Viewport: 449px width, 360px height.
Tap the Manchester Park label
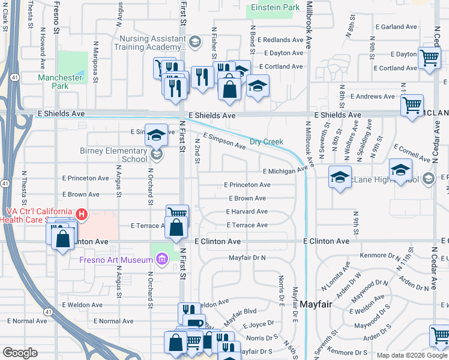click(60, 82)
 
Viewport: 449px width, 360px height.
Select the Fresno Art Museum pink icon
click(161, 259)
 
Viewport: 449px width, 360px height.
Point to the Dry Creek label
click(265, 142)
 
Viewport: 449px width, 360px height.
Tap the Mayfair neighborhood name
click(316, 305)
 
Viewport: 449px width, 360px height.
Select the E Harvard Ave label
click(247, 212)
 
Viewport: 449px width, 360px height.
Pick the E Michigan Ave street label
click(284, 171)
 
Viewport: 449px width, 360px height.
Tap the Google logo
click(20, 353)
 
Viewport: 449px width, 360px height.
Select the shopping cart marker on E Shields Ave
click(412, 106)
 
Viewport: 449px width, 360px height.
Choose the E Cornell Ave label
click(412, 153)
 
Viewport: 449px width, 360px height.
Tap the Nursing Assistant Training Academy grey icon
click(194, 42)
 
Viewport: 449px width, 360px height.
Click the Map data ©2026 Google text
click(412, 355)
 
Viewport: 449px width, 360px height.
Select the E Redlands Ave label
click(281, 40)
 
